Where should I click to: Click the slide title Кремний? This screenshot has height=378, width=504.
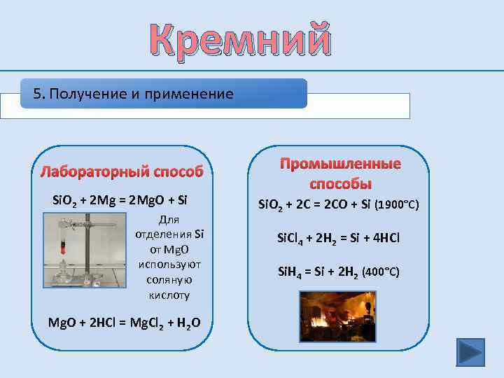(239, 39)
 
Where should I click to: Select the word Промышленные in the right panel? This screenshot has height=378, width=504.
(341, 164)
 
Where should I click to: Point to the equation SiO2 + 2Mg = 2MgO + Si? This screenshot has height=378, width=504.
(120, 201)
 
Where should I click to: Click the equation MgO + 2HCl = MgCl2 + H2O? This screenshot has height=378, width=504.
(124, 322)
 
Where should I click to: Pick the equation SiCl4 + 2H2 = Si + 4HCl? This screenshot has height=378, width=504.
(339, 238)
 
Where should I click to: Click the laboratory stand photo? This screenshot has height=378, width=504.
(85, 251)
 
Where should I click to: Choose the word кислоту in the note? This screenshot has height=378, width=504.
(169, 295)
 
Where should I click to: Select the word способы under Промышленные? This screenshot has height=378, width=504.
(340, 184)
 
